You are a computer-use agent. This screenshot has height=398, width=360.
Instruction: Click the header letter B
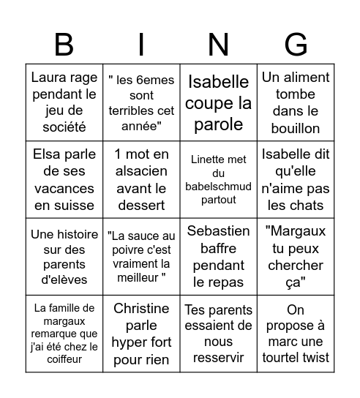tap(64, 45)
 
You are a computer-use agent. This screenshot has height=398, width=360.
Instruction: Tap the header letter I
tap(142, 45)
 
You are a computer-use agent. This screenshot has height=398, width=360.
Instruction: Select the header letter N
tap(219, 45)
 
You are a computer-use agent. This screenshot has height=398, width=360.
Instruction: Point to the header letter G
tap(296, 45)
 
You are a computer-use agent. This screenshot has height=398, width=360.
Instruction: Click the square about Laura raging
tap(64, 102)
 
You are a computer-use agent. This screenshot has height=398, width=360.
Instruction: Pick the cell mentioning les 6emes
tap(142, 102)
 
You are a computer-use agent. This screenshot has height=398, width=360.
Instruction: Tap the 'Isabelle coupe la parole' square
tap(219, 102)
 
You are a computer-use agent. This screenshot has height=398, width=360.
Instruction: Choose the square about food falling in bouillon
tap(296, 102)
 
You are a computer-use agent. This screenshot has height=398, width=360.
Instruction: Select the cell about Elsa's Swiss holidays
tap(64, 179)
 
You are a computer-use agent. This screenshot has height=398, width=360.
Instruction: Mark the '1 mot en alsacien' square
tap(142, 179)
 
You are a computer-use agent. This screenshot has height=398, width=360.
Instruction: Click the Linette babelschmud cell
tap(219, 179)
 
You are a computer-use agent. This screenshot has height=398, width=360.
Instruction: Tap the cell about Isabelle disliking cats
tap(296, 179)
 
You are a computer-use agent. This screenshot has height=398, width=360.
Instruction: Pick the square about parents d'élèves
tap(64, 257)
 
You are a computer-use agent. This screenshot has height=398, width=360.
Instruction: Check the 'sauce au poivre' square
tap(142, 257)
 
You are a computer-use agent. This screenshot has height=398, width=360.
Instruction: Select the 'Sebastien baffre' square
tap(219, 257)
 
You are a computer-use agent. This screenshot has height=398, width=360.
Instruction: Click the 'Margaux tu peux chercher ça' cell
tap(296, 257)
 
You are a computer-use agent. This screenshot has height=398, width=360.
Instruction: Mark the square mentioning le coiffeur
tap(64, 334)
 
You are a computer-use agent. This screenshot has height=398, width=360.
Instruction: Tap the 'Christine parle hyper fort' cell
tap(142, 334)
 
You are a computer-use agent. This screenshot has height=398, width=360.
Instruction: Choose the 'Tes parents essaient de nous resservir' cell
tap(219, 334)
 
